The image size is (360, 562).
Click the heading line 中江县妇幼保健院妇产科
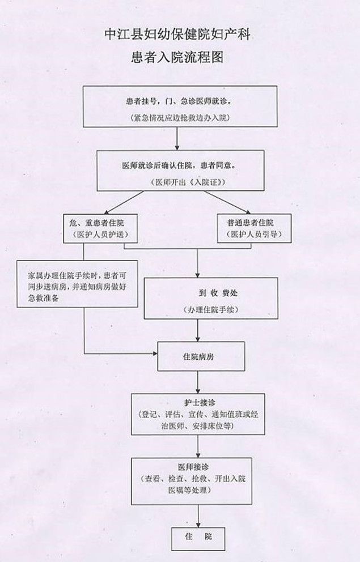click(177, 35)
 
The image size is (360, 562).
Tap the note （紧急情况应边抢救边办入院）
click(178, 118)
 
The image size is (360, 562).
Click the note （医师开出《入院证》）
click(179, 182)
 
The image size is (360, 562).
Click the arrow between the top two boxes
click(178, 137)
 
